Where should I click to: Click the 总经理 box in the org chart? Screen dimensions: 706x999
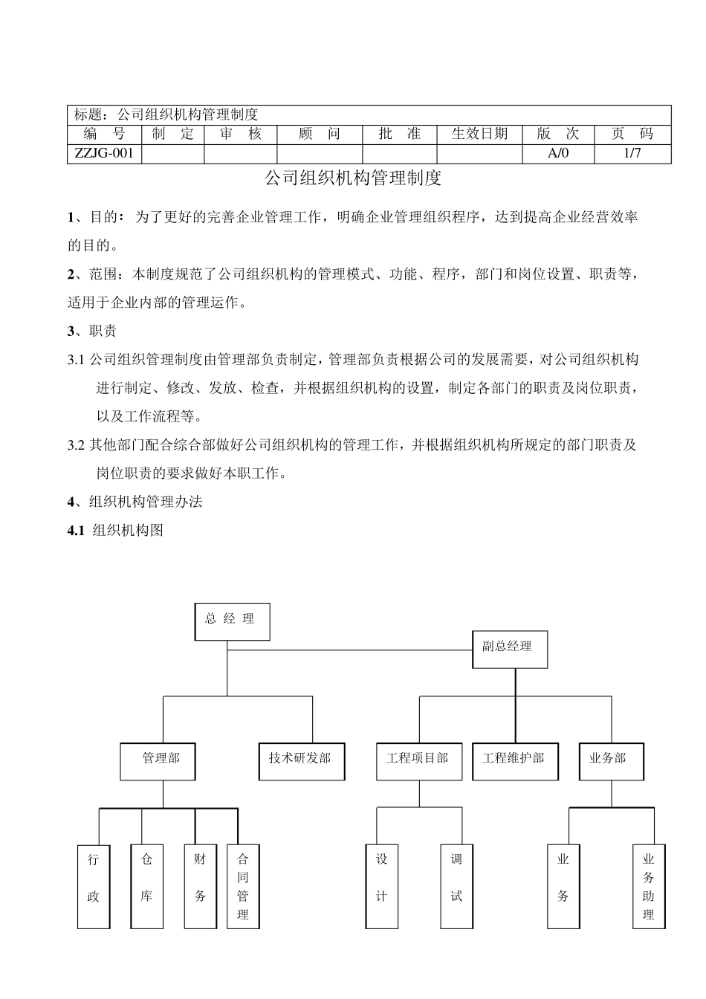click(x=232, y=621)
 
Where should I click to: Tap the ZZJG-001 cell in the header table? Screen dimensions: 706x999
click(x=104, y=154)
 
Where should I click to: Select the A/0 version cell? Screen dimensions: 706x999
click(x=557, y=154)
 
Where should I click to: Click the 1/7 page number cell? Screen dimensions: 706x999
click(x=632, y=154)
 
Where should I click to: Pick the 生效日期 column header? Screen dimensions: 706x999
click(x=479, y=134)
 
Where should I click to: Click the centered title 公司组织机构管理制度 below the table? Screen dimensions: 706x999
click(x=354, y=178)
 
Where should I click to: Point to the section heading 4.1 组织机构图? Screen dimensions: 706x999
click(x=115, y=531)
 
